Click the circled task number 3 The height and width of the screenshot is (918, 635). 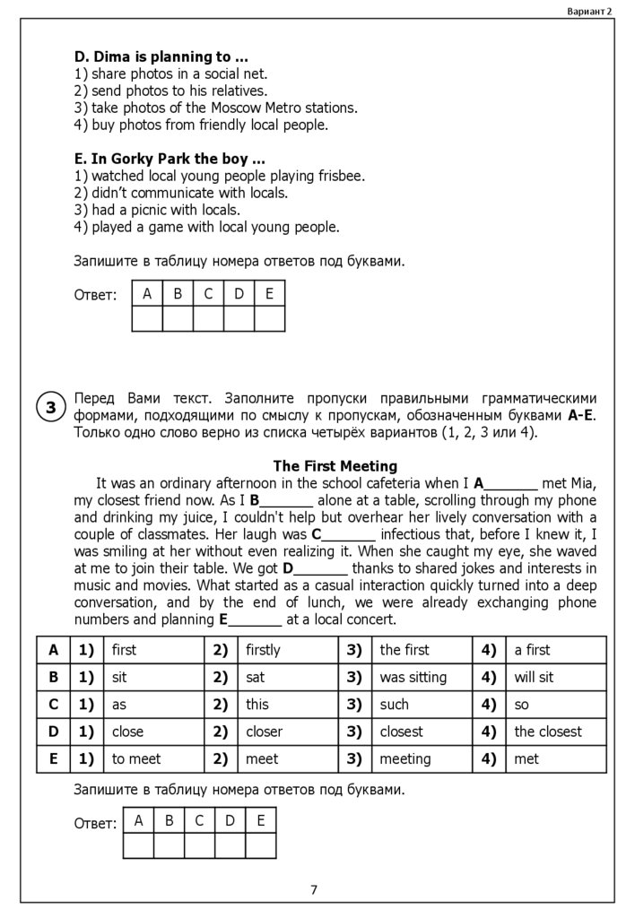coord(51,408)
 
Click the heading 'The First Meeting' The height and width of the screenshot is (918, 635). coord(335,466)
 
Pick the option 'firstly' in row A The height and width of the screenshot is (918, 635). coord(263,650)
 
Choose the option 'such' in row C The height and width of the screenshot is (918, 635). coord(394,705)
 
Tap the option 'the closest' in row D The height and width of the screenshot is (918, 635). coord(548,732)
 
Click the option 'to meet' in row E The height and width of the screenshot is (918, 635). coord(136,759)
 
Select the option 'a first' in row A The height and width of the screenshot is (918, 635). coord(532,650)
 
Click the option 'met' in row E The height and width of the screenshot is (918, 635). coord(526,759)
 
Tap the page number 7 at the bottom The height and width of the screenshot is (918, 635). coord(314,890)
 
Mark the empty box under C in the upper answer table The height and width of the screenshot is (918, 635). coord(208,319)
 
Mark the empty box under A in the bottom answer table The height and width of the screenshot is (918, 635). coord(138,845)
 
